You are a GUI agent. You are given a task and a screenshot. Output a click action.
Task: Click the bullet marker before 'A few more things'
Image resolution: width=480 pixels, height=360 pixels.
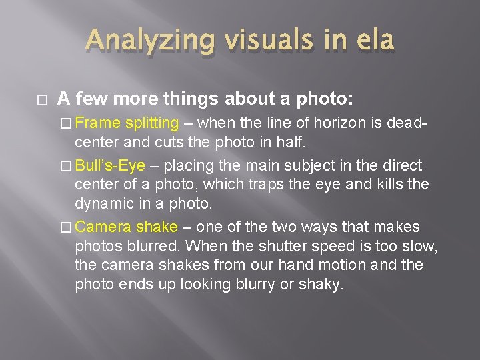click(39, 99)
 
